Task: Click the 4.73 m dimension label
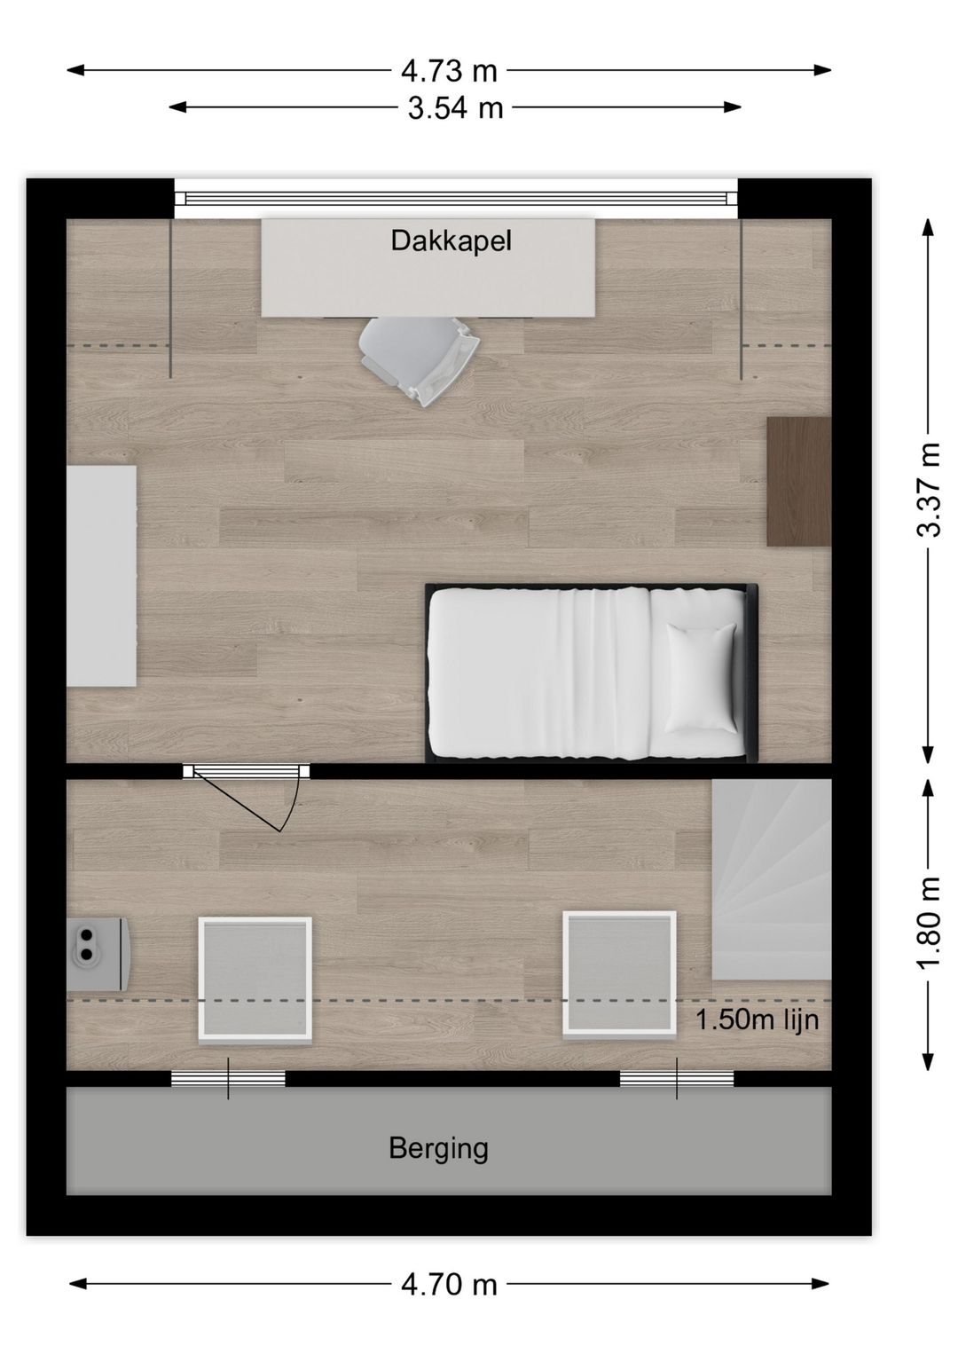click(449, 71)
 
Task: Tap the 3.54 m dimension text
click(455, 108)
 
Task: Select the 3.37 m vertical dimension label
click(928, 490)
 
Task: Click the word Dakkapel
click(451, 240)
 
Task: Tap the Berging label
click(438, 1148)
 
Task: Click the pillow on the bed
click(701, 678)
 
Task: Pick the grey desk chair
click(420, 360)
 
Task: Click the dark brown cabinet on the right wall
click(799, 481)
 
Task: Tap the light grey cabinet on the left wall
click(101, 576)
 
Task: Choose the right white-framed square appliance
click(619, 973)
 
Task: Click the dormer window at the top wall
click(456, 198)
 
